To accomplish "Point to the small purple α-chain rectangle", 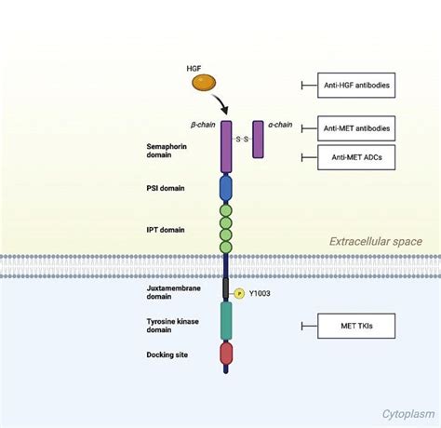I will [259, 139].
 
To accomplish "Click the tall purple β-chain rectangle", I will [225, 147].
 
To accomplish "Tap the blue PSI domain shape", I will [225, 189].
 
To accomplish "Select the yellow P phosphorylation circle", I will [238, 293].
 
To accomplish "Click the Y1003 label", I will [261, 293].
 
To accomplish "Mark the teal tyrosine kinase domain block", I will [225, 320].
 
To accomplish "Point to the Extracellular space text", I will [375, 241].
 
